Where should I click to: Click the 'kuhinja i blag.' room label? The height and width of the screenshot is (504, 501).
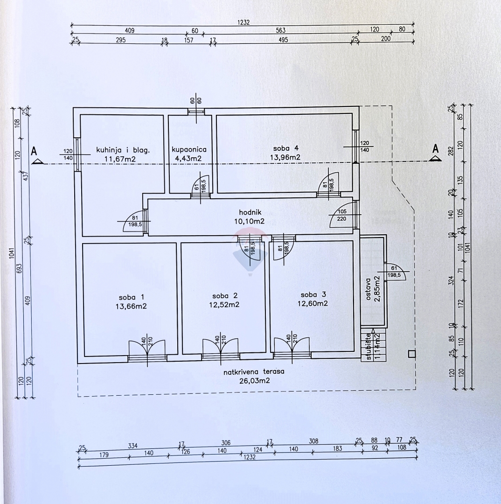tap(123, 150)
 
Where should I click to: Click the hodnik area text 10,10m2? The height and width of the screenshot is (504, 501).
tap(249, 221)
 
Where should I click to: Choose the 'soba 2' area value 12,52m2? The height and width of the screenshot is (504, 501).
tap(224, 304)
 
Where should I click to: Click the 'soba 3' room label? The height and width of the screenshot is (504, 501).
tap(314, 294)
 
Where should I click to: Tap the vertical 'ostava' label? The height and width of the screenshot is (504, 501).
tap(368, 289)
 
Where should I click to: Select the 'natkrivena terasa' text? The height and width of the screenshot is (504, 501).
tap(253, 372)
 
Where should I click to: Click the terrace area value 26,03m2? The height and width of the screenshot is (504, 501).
tap(253, 380)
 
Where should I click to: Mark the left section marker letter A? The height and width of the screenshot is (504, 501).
tap(34, 151)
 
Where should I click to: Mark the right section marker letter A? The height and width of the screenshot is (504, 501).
tap(435, 149)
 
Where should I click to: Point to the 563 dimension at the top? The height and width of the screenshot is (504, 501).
tap(280, 30)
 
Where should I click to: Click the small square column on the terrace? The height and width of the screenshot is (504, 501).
tap(411, 354)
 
